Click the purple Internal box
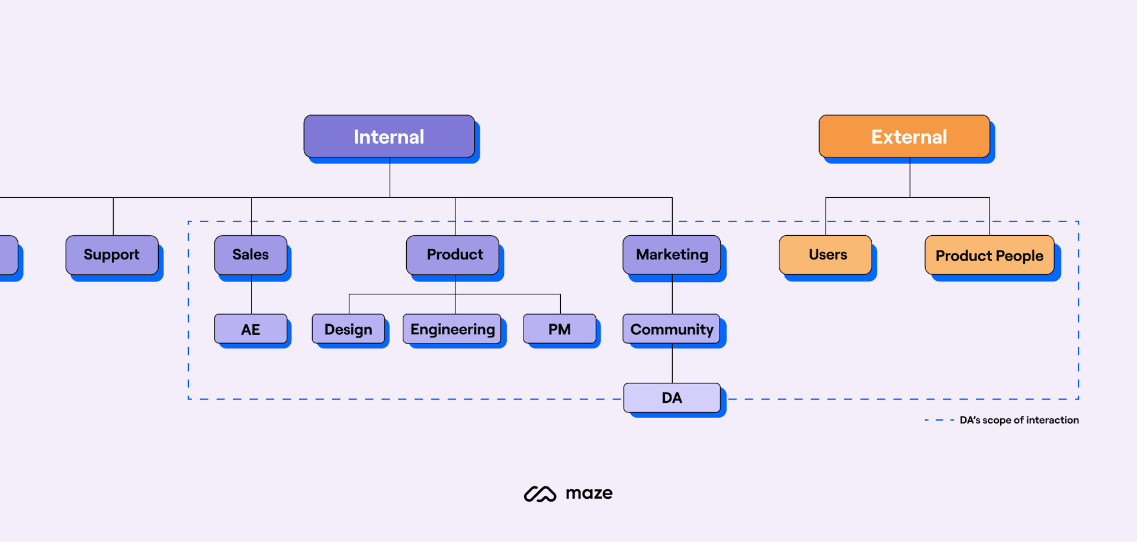[389, 137]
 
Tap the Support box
[112, 255]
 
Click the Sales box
[250, 255]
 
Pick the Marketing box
[672, 255]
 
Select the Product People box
[989, 255]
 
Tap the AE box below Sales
[250, 329]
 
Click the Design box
[348, 329]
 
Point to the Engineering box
[452, 329]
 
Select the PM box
[559, 329]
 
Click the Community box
[672, 329]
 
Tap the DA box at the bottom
[672, 397]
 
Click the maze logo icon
[539, 494]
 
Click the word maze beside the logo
[589, 493]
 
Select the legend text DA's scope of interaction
[1019, 420]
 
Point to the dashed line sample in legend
[939, 420]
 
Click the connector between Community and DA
[672, 364]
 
